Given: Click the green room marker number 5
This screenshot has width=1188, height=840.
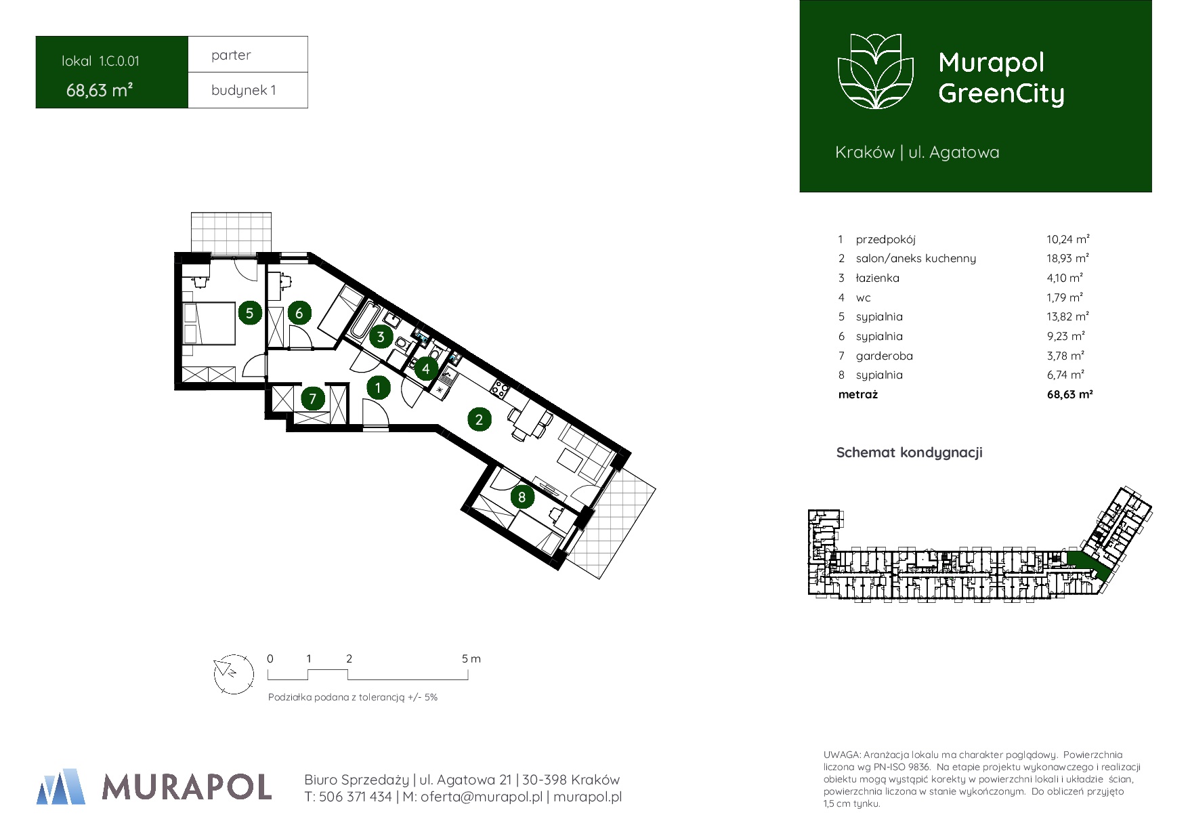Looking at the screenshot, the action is [x=250, y=313].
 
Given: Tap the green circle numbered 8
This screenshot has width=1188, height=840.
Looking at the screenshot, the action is [x=522, y=497].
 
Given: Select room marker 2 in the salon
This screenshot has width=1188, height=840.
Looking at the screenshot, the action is [x=479, y=419].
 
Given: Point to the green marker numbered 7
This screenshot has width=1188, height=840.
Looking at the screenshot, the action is [x=312, y=398].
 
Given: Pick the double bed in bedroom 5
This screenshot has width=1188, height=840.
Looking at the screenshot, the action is [x=209, y=324].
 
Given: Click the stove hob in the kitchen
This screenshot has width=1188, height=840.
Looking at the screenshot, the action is [x=500, y=389].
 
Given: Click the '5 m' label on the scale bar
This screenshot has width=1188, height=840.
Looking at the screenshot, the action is [x=471, y=658].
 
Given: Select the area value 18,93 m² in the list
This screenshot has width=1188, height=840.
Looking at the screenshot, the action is [x=1067, y=258].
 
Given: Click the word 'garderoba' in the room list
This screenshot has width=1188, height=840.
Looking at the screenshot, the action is [x=884, y=356].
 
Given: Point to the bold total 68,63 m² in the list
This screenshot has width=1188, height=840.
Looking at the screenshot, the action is [x=1069, y=394].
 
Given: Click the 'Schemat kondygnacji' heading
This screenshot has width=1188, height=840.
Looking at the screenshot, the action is [x=909, y=453].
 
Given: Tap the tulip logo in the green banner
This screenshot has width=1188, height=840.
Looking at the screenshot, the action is [x=876, y=71].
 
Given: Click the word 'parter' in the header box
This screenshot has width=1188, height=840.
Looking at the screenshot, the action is [x=231, y=55].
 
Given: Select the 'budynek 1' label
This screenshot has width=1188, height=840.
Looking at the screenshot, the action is [x=244, y=90].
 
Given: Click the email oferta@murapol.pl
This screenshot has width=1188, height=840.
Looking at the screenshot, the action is [x=482, y=797].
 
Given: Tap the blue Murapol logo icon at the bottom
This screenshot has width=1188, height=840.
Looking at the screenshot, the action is [x=61, y=786].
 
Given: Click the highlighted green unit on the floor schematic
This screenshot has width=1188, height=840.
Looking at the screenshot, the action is [x=1089, y=565].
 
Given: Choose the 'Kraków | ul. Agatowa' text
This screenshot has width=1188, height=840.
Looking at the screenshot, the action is [x=917, y=152].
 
